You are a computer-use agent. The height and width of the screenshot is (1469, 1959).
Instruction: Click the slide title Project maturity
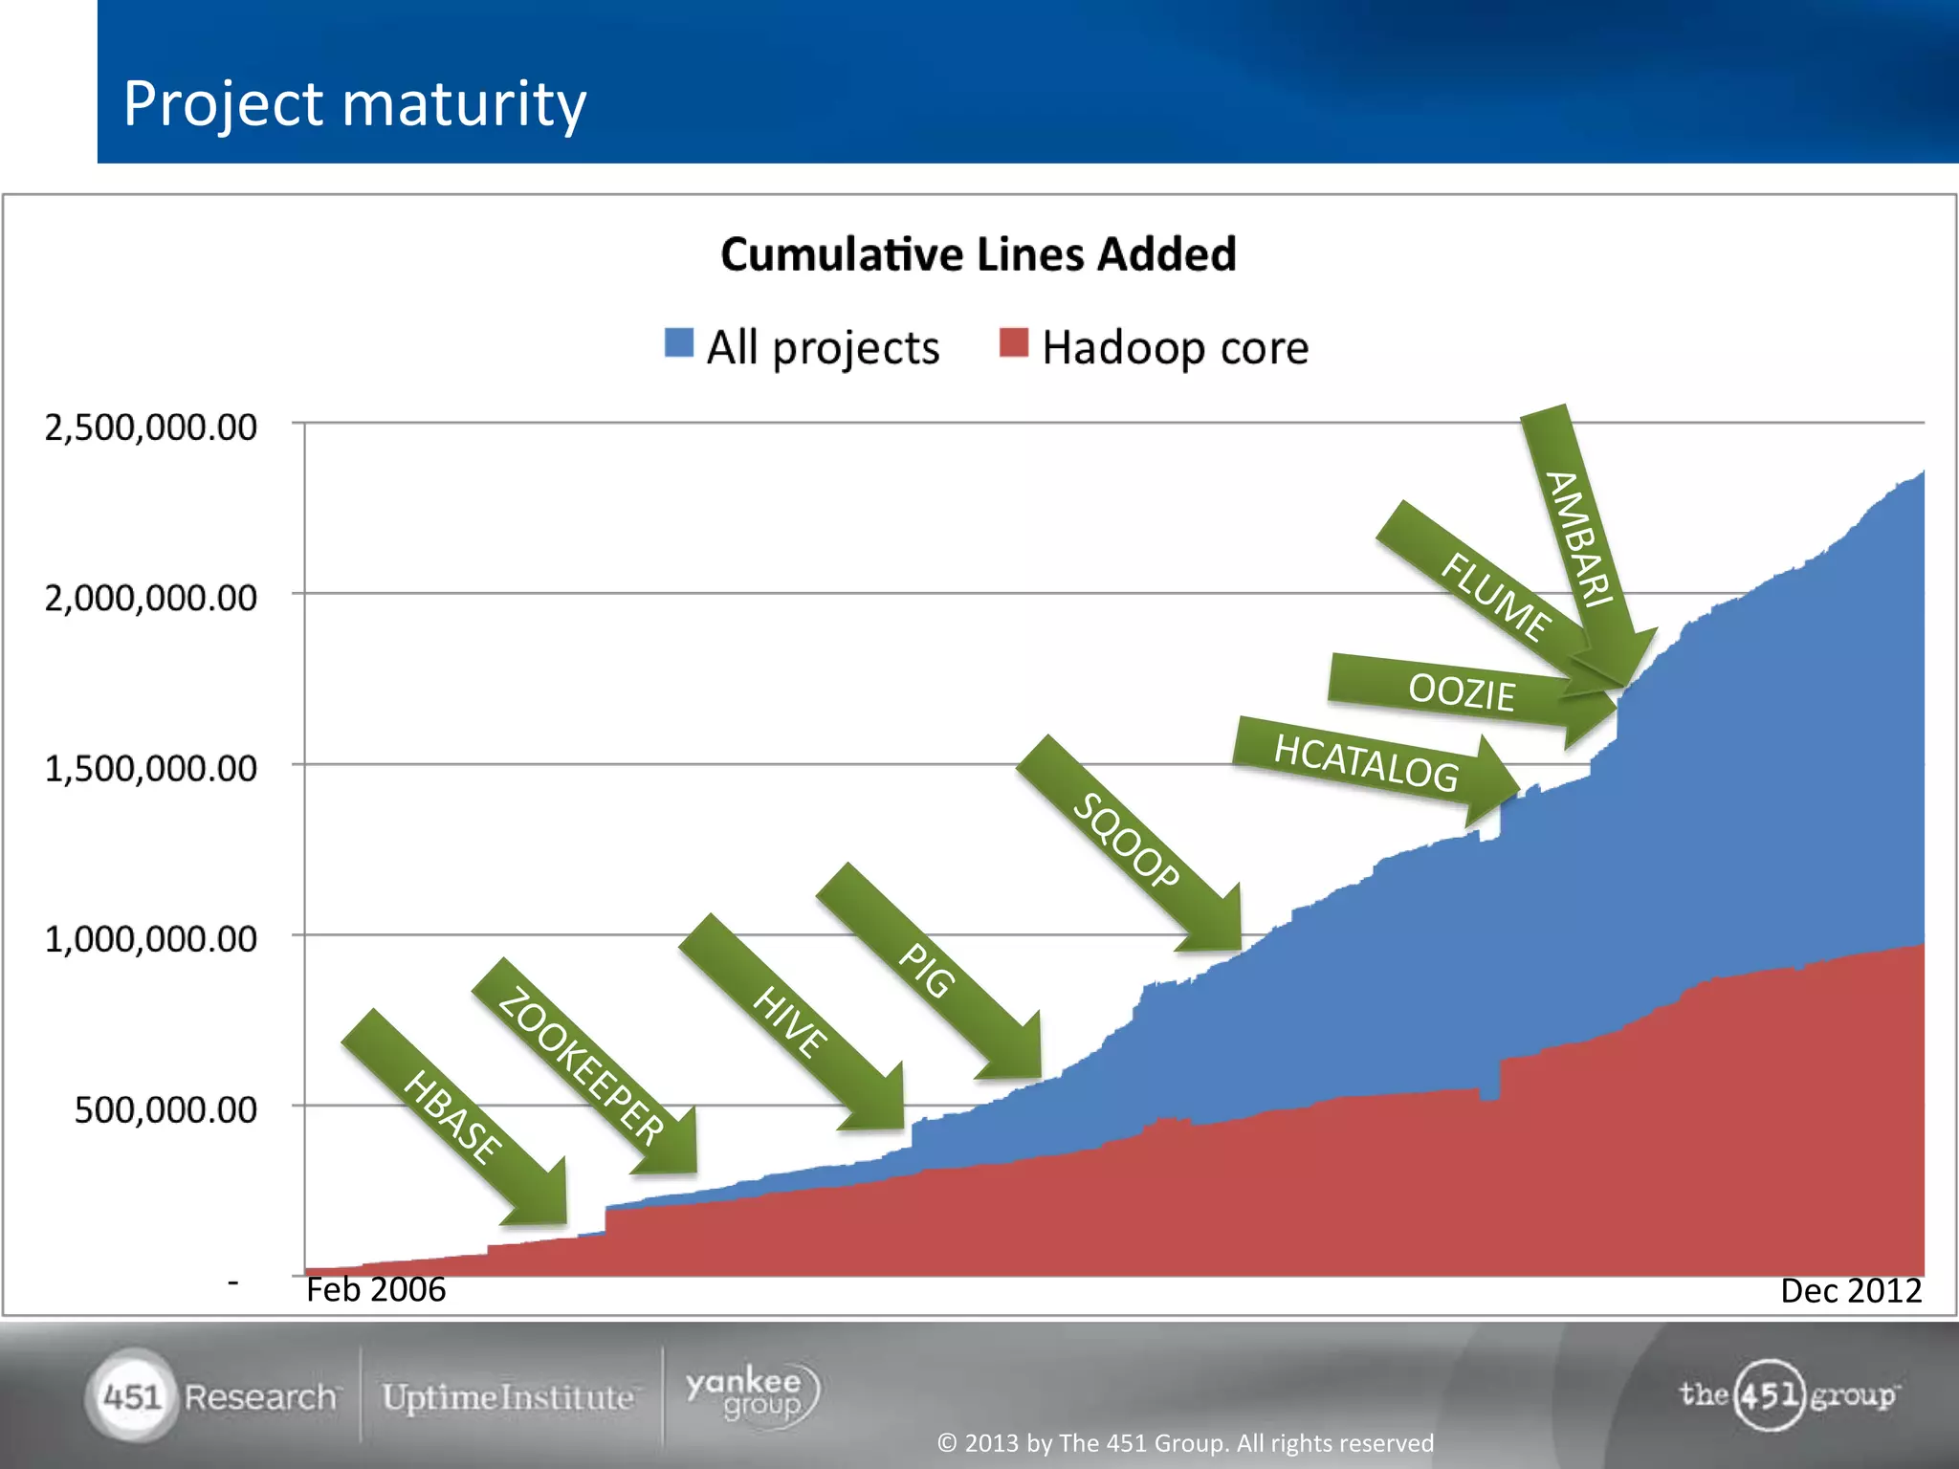354,103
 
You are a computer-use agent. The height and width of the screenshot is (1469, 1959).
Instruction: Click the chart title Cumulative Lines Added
978,254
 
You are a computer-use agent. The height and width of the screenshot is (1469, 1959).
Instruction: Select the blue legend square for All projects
678,342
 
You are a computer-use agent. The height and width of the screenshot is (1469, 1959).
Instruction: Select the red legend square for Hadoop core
1013,342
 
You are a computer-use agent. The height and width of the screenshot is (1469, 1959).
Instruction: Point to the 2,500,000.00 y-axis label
151,427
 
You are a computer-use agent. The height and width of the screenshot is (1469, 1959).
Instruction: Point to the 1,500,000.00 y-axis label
151,768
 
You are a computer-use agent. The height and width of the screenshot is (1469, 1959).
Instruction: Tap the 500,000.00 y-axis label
165,1109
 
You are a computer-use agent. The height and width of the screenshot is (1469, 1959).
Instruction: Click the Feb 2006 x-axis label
376,1289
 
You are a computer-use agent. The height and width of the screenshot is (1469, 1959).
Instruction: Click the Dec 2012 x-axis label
1850,1290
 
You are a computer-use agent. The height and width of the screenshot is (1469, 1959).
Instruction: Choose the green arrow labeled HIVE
790,1021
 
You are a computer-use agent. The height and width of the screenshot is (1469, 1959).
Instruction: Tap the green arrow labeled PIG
926,970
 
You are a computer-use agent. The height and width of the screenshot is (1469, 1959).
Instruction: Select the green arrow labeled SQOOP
1127,842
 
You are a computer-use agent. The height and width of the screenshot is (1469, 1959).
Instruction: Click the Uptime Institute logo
508,1397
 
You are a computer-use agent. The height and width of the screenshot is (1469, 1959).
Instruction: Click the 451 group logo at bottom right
1787,1394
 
